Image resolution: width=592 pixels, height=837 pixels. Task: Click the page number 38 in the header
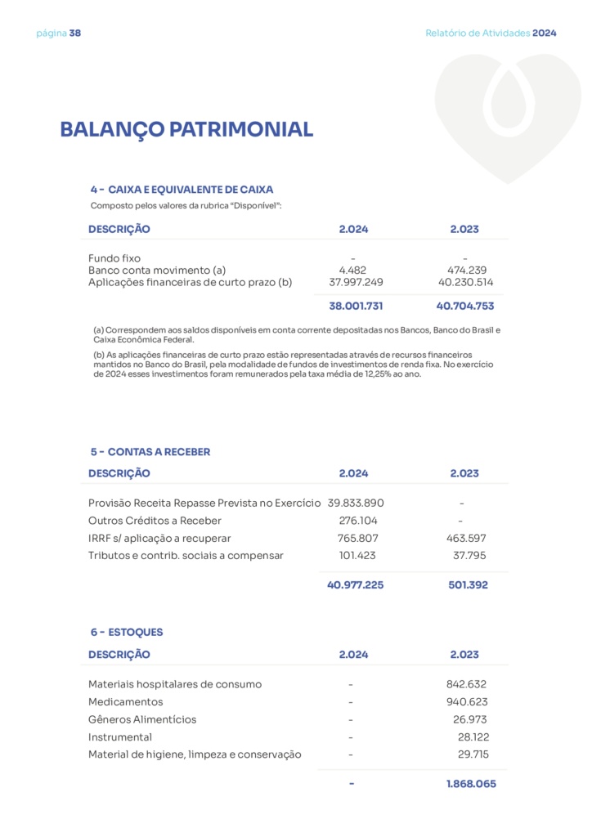[x=75, y=34]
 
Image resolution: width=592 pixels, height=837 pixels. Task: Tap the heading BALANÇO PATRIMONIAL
[x=186, y=130]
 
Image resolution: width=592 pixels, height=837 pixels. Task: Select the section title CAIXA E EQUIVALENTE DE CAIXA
[x=191, y=189]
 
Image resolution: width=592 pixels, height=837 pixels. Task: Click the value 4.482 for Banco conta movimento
[x=353, y=271]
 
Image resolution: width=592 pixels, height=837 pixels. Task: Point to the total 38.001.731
[x=356, y=307]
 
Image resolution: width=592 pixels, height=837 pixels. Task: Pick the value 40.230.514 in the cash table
[x=465, y=283]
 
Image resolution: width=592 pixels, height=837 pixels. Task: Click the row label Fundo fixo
[x=114, y=258]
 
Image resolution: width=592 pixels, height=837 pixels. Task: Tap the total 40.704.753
[x=465, y=307]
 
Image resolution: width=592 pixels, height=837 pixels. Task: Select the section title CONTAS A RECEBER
[x=159, y=452]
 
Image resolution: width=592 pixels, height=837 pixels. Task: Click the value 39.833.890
[x=356, y=503]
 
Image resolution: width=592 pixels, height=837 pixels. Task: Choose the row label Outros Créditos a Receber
[x=155, y=521]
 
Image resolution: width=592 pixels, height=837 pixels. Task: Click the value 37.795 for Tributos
[x=469, y=556]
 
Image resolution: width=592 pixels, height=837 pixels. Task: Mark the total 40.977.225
[x=356, y=585]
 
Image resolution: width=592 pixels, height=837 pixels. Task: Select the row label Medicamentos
[x=126, y=702]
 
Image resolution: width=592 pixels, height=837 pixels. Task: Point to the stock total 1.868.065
[x=470, y=784]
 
